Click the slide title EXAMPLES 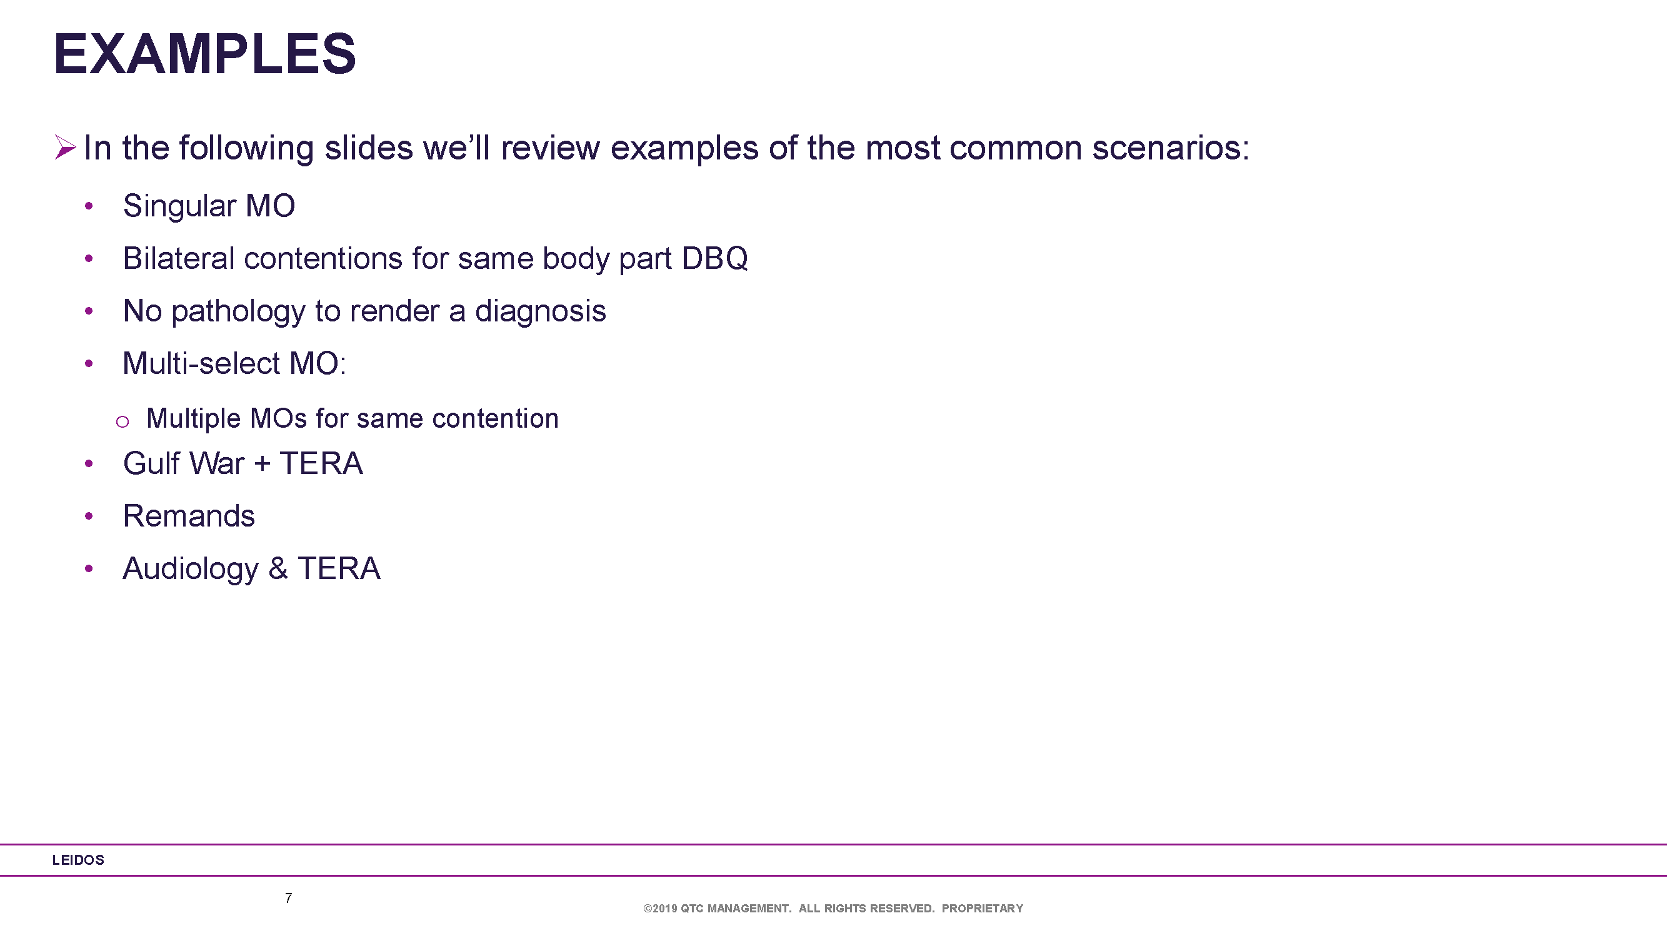pos(204,54)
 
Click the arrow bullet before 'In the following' pos(66,147)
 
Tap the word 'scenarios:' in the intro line pos(1171,148)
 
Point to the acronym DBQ pos(714,259)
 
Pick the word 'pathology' pos(238,312)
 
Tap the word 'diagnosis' pos(540,311)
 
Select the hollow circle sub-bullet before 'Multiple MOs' pos(123,422)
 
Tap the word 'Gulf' pos(151,463)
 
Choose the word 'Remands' pos(189,516)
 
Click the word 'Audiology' pos(191,570)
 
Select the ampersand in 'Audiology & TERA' pos(278,568)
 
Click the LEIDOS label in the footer pos(78,860)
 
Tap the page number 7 pos(289,898)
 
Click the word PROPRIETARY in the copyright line pos(983,908)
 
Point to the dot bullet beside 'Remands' pos(89,516)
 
